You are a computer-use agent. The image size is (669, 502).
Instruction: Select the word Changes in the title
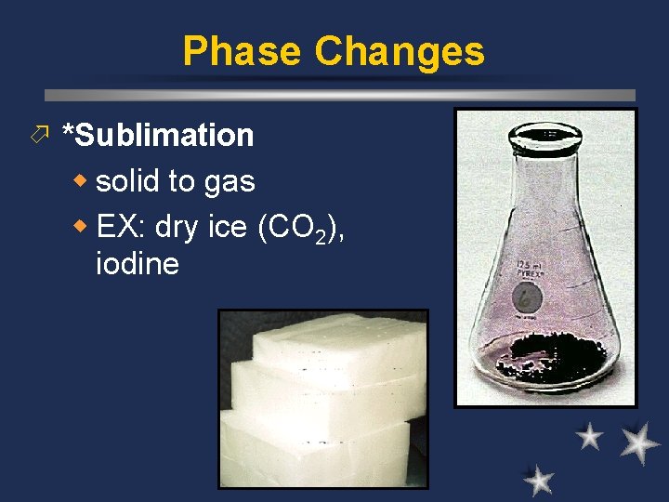coord(400,51)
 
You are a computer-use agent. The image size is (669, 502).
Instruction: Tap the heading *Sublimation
coord(157,135)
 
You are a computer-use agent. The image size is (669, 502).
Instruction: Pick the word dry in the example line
coord(177,226)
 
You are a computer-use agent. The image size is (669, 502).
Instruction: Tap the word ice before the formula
coord(228,226)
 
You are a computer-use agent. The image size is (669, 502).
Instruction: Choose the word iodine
coord(138,264)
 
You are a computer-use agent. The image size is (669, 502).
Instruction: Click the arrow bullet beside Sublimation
coord(38,136)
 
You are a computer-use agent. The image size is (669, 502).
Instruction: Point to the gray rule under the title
coord(340,95)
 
